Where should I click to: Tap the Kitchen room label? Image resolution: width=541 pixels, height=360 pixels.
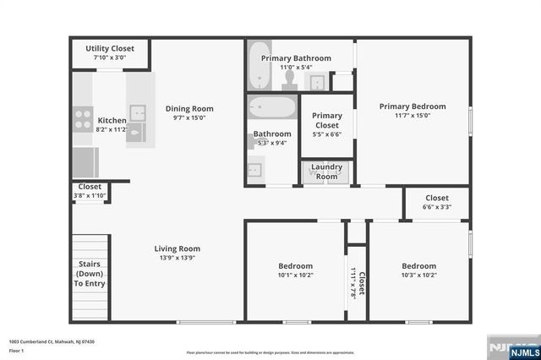click(x=112, y=121)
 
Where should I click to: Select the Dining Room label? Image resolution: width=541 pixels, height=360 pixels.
click(x=189, y=108)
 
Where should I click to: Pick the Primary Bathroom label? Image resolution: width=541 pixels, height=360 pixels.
click(x=296, y=58)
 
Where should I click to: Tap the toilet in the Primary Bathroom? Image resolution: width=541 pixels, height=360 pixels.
click(x=289, y=79)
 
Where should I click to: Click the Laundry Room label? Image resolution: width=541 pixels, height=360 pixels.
click(x=326, y=171)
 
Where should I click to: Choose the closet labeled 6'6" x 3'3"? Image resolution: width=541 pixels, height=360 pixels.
click(x=436, y=202)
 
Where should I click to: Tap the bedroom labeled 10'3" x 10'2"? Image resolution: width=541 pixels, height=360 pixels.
click(x=418, y=270)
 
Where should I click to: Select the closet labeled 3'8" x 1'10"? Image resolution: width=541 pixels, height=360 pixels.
click(x=90, y=191)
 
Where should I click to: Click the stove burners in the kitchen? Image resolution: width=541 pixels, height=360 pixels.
click(x=83, y=118)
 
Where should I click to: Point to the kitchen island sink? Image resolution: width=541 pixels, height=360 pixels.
click(x=136, y=111)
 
